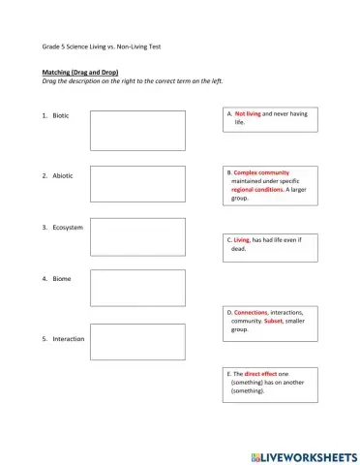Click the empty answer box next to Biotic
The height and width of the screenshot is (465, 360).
[x=137, y=130]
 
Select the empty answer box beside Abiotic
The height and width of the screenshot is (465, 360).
[x=137, y=184]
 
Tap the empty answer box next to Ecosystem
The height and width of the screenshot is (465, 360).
[x=137, y=236]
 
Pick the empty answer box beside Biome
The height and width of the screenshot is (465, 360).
[x=137, y=289]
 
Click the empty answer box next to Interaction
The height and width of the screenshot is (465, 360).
[x=137, y=342]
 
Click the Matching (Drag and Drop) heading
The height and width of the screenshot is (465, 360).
[x=80, y=73]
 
